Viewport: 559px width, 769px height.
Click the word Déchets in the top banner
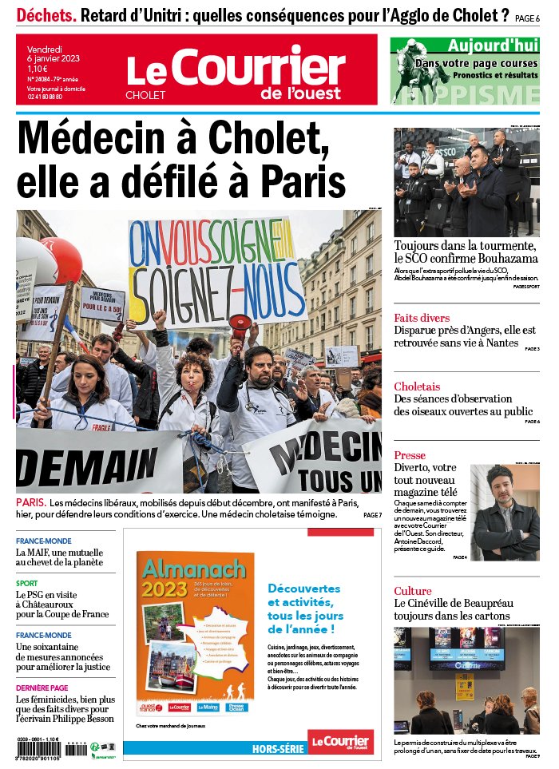pyautogui.click(x=47, y=14)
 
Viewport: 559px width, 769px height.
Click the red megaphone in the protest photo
pyautogui.click(x=239, y=325)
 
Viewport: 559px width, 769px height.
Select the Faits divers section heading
pyautogui.click(x=422, y=318)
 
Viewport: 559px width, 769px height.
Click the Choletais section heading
pyautogui.click(x=417, y=386)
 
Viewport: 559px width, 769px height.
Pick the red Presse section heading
pyautogui.click(x=410, y=455)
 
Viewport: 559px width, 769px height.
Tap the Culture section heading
pyautogui.click(x=413, y=591)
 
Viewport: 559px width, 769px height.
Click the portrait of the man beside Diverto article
pyautogui.click(x=505, y=513)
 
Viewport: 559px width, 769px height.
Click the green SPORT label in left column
pyautogui.click(x=26, y=584)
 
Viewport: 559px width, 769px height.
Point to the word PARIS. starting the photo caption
pyautogui.click(x=31, y=503)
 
